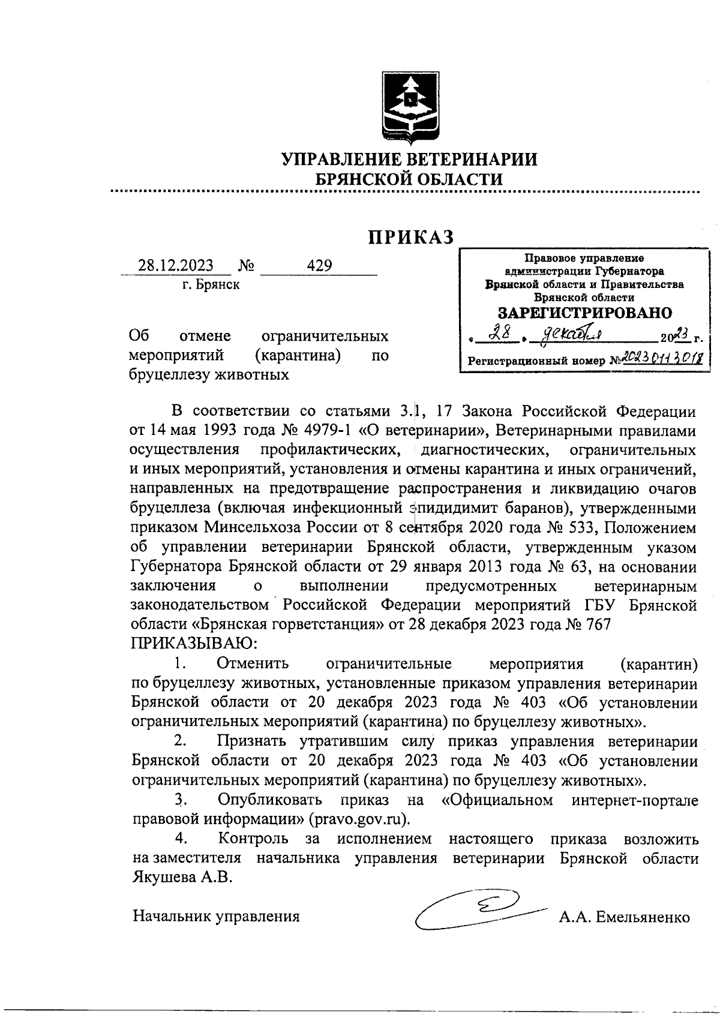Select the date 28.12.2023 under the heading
[x=175, y=266]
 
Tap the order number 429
[x=319, y=266]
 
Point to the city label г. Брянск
[x=211, y=285]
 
